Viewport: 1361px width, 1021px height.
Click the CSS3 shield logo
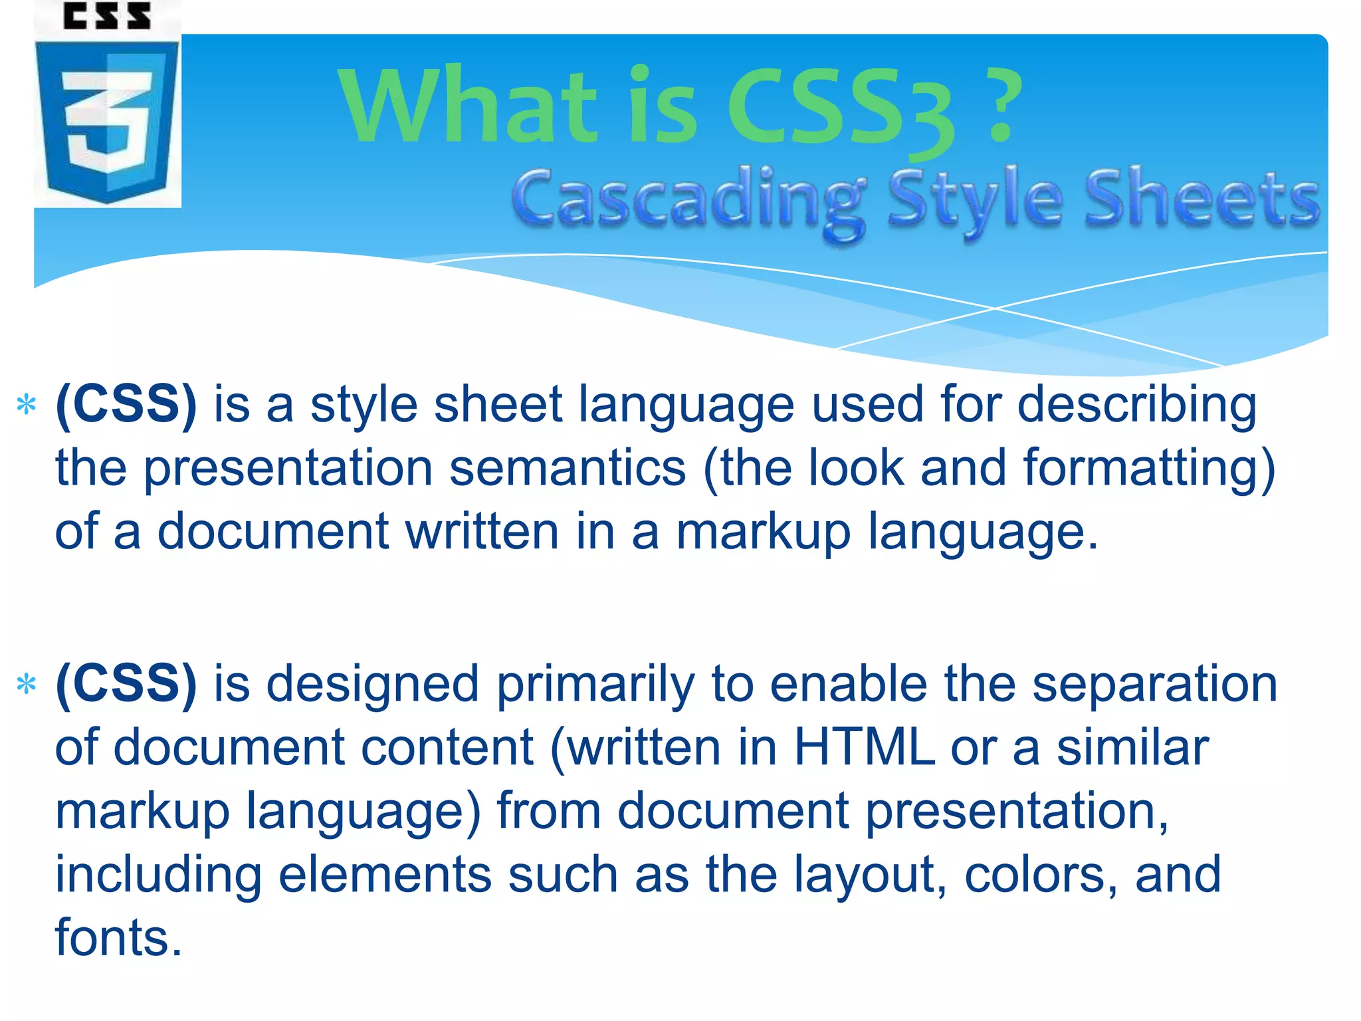107,120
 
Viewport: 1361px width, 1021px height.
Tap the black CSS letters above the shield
107,16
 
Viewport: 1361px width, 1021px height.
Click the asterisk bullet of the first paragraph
26,405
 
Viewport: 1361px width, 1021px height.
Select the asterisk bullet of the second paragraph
26,685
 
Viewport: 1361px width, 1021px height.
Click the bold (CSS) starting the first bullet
126,405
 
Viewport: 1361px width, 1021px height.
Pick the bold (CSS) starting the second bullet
126,685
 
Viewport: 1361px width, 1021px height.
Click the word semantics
568,468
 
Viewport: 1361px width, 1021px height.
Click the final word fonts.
118,938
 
